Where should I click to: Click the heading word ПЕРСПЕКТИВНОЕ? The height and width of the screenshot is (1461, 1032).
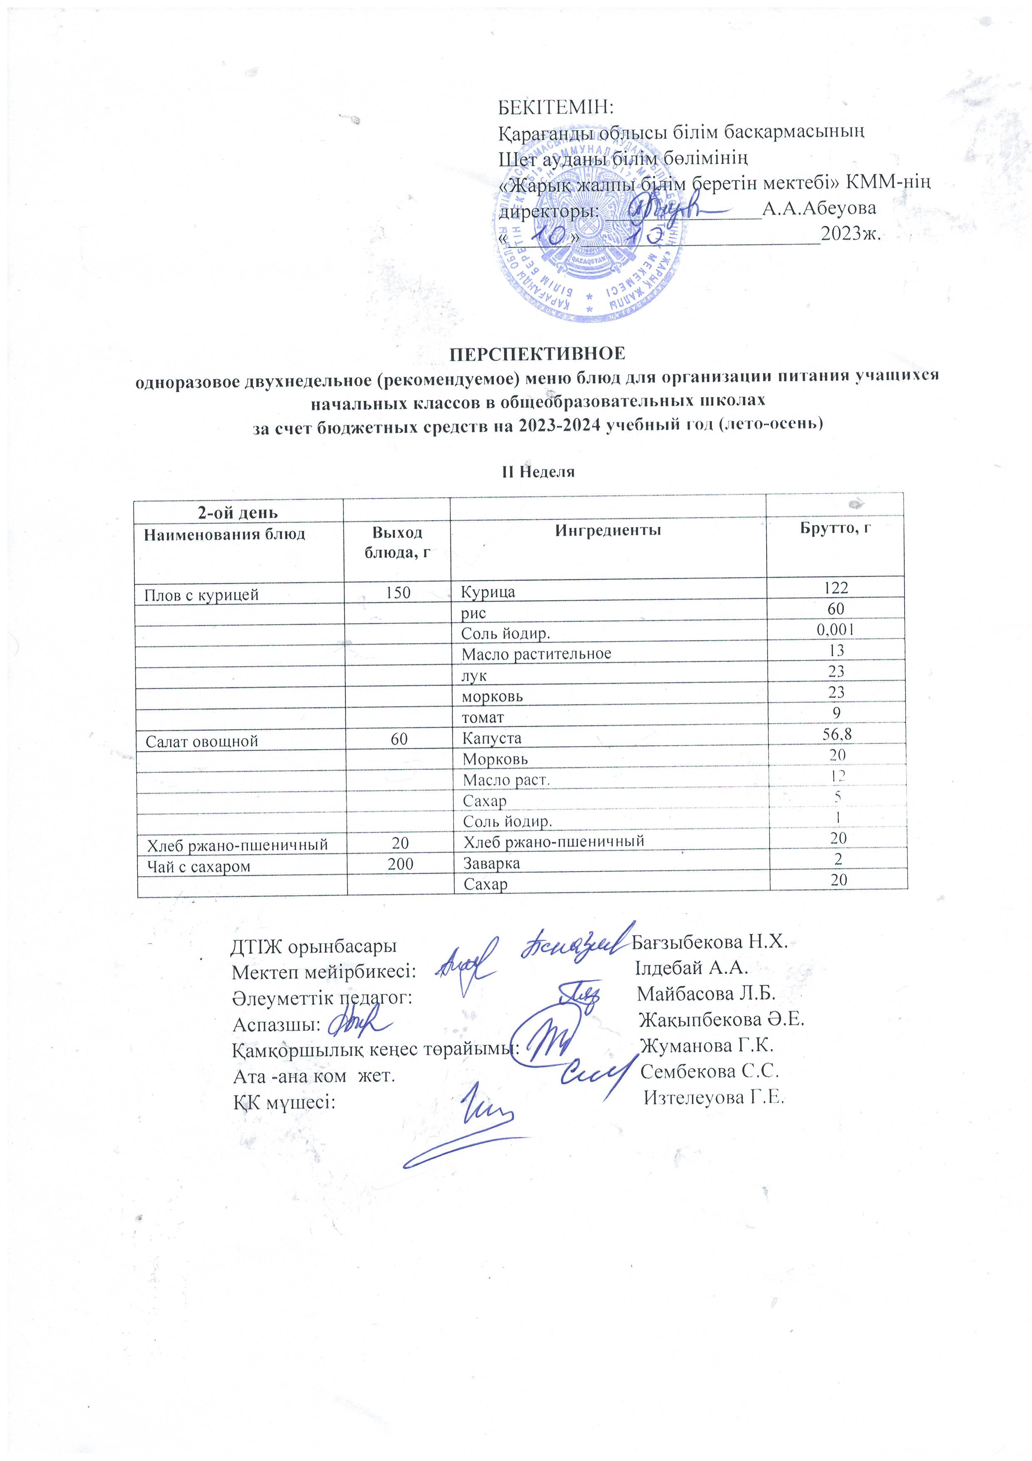pos(538,353)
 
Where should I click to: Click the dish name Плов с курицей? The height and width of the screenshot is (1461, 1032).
pos(201,595)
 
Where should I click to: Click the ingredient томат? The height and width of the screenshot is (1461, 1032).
pos(483,717)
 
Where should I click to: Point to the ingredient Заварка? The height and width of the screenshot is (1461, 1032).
pos(491,863)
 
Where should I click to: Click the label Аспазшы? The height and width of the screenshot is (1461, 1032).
pos(276,1025)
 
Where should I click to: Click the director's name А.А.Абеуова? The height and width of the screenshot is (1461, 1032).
pos(819,208)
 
